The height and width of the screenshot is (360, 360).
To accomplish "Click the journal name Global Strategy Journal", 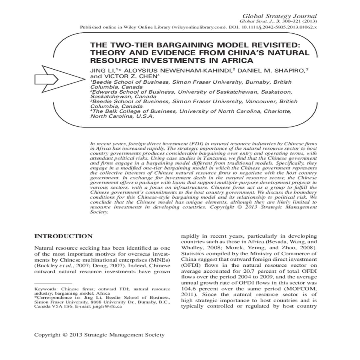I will click(279, 16).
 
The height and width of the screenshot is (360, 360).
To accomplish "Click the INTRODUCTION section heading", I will click(64, 236).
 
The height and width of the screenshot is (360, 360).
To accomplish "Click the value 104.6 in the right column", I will click(188, 289).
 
